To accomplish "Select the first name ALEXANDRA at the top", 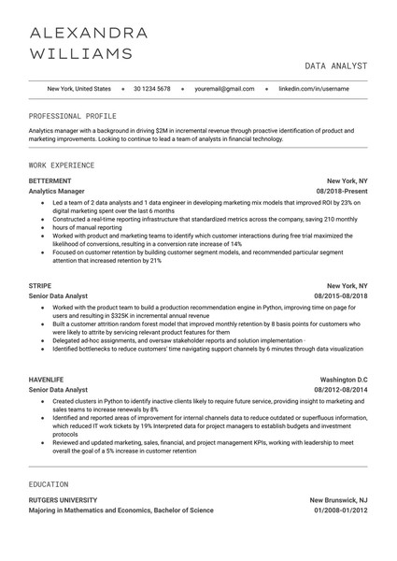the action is pyautogui.click(x=89, y=33).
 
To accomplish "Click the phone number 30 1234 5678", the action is pyautogui.click(x=151, y=89).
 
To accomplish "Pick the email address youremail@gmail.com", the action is pyautogui.click(x=224, y=89).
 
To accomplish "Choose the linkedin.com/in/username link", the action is pyautogui.click(x=315, y=89).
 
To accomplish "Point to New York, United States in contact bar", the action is pyautogui.click(x=78, y=89).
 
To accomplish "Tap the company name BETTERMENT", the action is pyautogui.click(x=51, y=179).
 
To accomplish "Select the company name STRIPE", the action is pyautogui.click(x=41, y=284).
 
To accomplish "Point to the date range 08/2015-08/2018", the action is pyautogui.click(x=340, y=295).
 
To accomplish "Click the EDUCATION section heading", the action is pyautogui.click(x=49, y=484).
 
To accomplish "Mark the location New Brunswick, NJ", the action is pyautogui.click(x=338, y=499).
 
